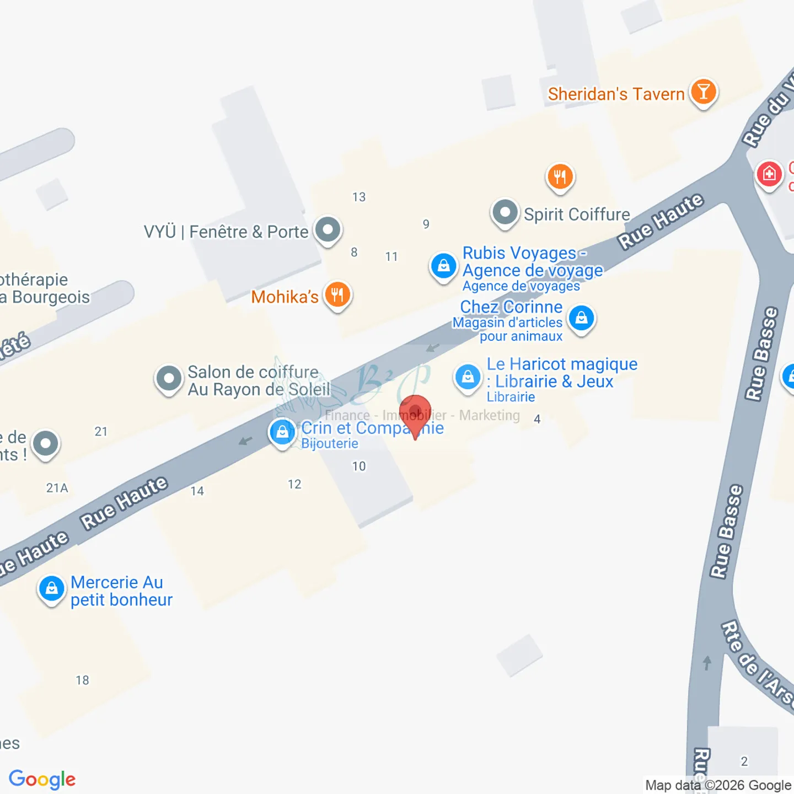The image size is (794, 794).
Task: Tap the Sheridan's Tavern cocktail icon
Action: coord(703,92)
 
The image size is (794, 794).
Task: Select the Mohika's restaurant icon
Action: coord(337,294)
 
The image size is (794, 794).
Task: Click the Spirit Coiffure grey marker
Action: coord(505,212)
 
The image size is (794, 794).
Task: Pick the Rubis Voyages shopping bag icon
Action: coord(443,266)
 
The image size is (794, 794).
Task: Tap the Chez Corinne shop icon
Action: coord(581,318)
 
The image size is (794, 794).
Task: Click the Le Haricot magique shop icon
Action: coord(468,377)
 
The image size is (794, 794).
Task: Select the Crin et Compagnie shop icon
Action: coord(282,432)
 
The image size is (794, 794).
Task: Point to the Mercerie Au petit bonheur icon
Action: coord(51,588)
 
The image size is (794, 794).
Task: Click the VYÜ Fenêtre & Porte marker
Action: coord(328,229)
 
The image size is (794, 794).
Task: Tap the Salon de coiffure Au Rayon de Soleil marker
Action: coord(169,379)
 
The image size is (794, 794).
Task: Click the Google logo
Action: coord(42,780)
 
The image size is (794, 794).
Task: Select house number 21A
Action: coord(57,488)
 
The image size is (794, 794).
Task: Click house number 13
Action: coord(359,197)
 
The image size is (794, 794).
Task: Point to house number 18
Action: coord(82,680)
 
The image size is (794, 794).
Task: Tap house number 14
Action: coord(197,491)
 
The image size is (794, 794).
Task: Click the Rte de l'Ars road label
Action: coord(757,662)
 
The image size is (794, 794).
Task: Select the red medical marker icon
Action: coord(769,174)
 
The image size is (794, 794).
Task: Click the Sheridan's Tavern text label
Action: coord(616,94)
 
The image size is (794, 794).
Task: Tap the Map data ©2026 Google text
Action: coord(718,785)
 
